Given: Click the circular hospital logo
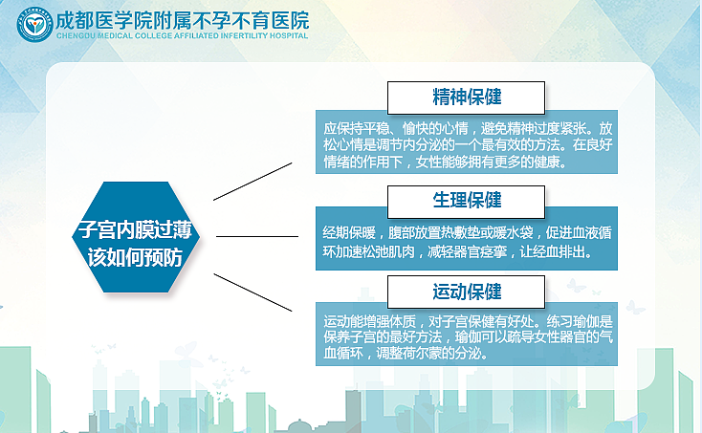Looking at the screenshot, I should click(34, 24).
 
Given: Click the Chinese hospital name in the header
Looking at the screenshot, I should click(184, 19).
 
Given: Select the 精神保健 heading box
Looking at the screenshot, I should click(466, 97).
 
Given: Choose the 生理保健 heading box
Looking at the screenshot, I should click(466, 201).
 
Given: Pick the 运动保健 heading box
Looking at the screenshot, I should click(466, 291).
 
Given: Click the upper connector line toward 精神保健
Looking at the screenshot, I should click(252, 182).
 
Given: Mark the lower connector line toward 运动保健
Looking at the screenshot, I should click(252, 291).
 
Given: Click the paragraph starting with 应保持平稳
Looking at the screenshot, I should click(467, 144).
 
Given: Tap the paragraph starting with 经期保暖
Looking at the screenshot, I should click(467, 242).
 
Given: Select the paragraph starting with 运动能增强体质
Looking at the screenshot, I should click(467, 336).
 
